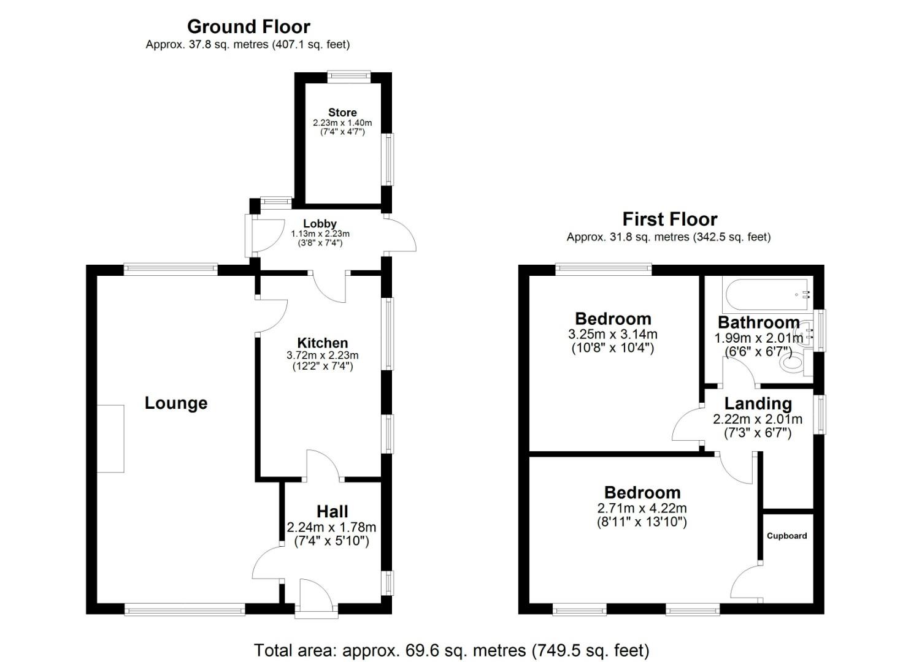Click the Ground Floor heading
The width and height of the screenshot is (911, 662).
[x=248, y=27]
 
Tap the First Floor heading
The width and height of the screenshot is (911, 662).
[x=670, y=219]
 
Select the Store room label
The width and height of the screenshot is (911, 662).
[x=342, y=113]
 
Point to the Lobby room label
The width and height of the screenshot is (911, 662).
[x=320, y=224]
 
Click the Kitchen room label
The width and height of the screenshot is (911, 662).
[x=323, y=343]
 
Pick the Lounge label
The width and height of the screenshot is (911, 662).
[x=176, y=403]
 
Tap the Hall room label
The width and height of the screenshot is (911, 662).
[x=332, y=511]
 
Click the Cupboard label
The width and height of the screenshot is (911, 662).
[x=786, y=536]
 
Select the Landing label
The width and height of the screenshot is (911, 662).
[x=758, y=404]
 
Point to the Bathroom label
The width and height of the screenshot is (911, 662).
[x=759, y=322]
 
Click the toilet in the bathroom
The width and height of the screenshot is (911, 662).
[x=796, y=363]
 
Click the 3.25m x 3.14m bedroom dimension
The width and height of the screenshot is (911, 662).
[x=613, y=334]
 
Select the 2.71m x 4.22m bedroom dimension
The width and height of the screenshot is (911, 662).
[x=642, y=508]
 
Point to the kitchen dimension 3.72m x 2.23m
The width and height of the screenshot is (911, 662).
[x=323, y=355]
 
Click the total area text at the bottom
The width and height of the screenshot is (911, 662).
[x=452, y=650]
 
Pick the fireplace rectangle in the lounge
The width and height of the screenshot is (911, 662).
[x=110, y=438]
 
